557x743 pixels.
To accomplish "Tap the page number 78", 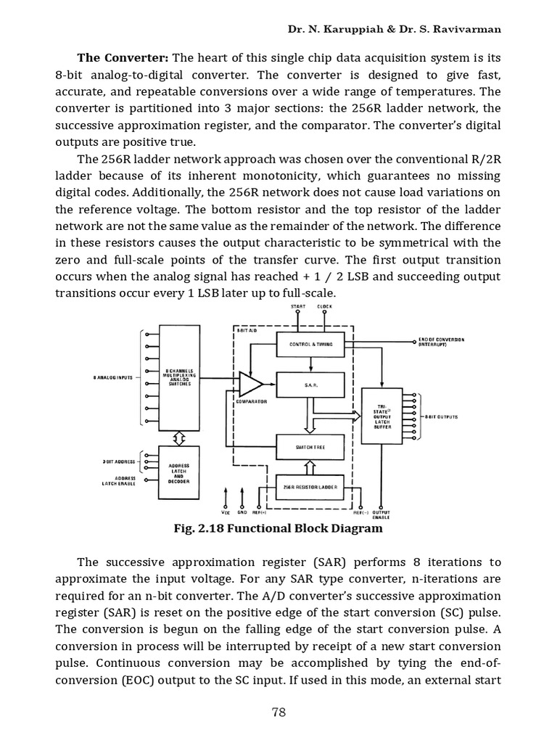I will point(279,712).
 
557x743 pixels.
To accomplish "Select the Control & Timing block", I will point(310,344).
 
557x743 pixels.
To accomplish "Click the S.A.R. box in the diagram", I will point(310,385).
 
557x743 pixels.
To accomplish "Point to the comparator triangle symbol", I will point(249,384).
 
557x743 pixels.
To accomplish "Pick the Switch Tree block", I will point(310,447).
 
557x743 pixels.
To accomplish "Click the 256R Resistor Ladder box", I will point(310,488).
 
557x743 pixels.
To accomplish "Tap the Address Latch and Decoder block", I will point(178,473).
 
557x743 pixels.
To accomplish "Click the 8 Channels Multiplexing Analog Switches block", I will point(178,377).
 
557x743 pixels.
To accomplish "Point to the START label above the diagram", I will point(298,307).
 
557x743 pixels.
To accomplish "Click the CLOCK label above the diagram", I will point(325,307).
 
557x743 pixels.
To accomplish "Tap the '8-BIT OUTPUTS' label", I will point(441,417).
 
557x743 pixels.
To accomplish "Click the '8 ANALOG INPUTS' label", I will point(114,377).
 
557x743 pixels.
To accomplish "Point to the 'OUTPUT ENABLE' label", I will point(381,514).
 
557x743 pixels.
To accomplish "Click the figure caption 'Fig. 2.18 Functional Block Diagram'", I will point(278,529).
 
